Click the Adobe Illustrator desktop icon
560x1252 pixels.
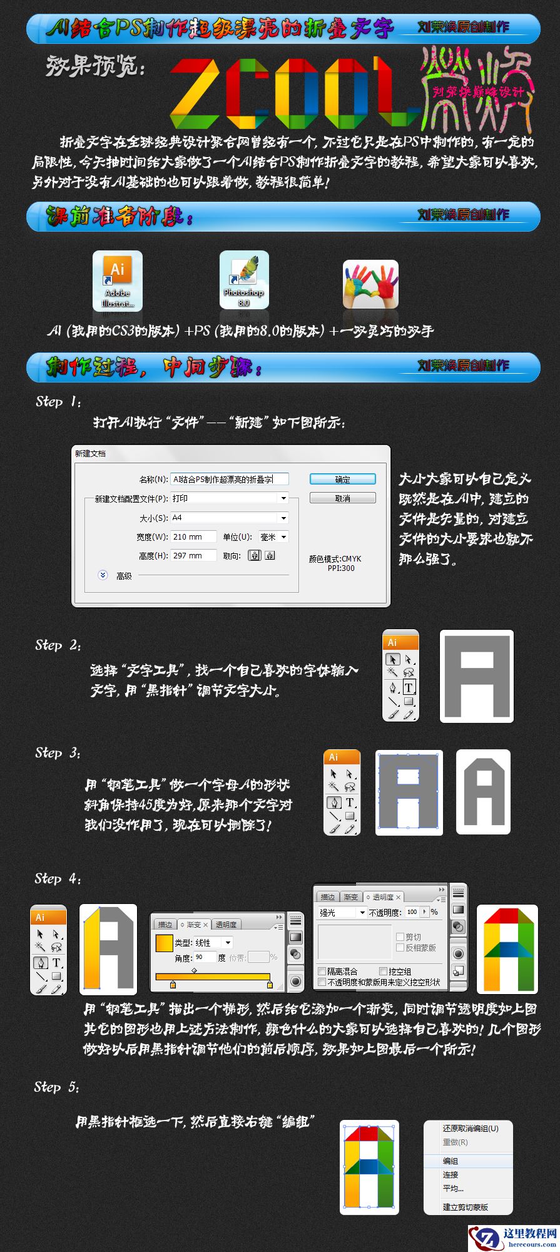coord(118,280)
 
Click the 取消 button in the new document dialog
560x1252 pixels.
coord(342,498)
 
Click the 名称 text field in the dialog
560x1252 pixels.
coord(229,480)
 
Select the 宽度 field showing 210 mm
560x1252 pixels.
coord(193,537)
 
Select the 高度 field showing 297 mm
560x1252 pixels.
coord(193,556)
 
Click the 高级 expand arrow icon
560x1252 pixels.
coord(103,575)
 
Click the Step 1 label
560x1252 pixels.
coord(58,402)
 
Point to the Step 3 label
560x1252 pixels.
coord(58,753)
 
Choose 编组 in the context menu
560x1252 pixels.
coord(451,1161)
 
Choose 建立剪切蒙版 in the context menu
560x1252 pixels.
coord(465,1207)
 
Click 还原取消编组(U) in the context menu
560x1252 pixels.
coord(470,1128)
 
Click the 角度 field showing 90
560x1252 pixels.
coord(204,957)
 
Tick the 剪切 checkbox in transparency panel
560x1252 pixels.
coord(400,937)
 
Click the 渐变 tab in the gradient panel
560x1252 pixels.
coord(194,925)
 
